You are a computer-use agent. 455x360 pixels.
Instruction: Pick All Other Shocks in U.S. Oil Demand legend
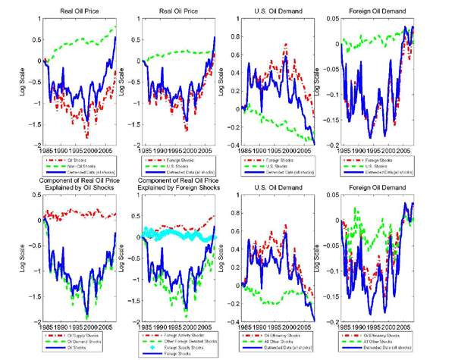(277, 340)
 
